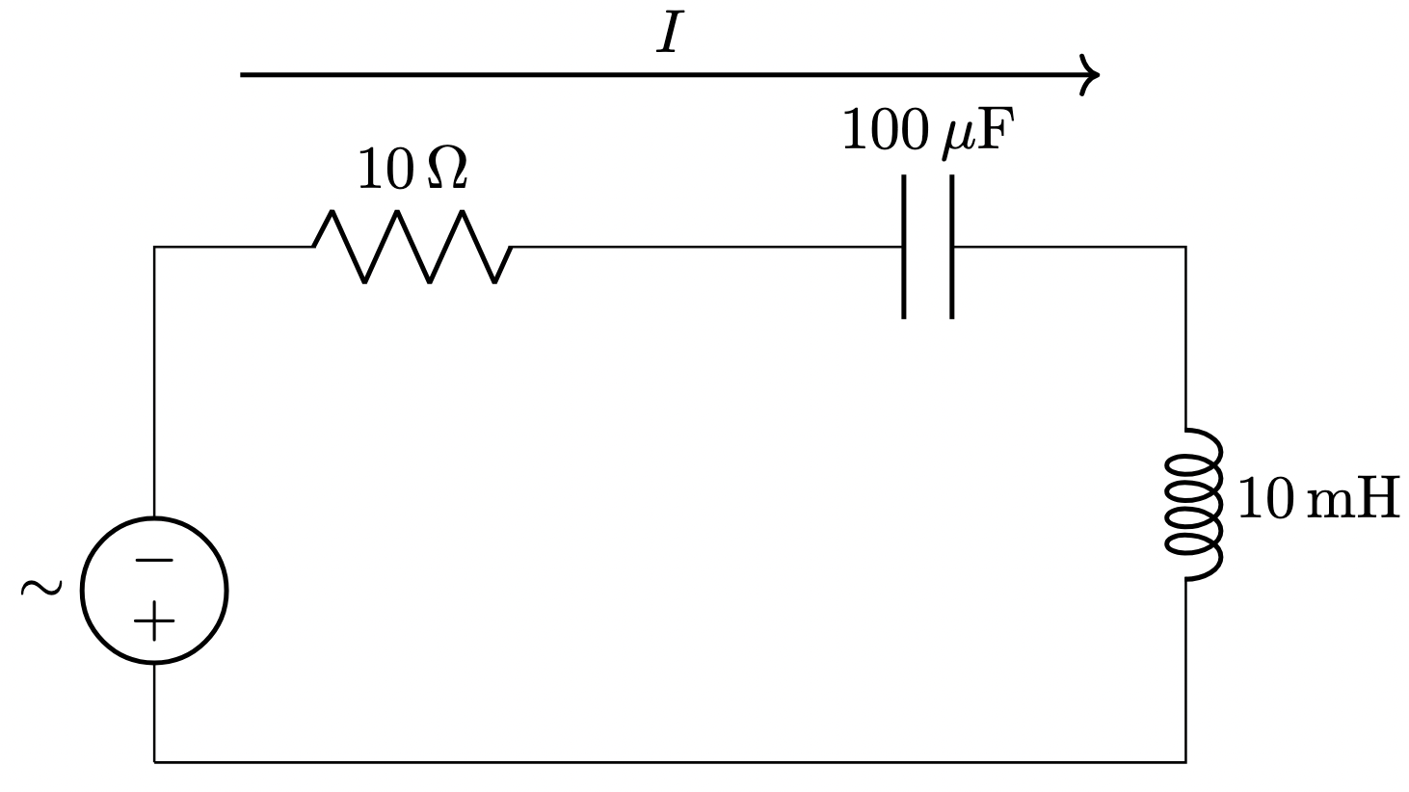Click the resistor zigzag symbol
412,247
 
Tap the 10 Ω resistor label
412,171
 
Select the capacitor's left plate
904,247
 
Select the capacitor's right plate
952,247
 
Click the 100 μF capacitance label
929,132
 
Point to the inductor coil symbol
1193,504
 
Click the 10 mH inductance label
1317,499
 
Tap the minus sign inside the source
154,560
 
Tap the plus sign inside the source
154,620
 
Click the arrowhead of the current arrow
1091,74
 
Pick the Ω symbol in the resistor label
447,171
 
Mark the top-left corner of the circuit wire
154,247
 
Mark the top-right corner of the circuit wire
1185,247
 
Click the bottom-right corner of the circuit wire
1185,762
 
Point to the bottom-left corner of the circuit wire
154,762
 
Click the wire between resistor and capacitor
704,247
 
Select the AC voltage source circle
154,590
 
